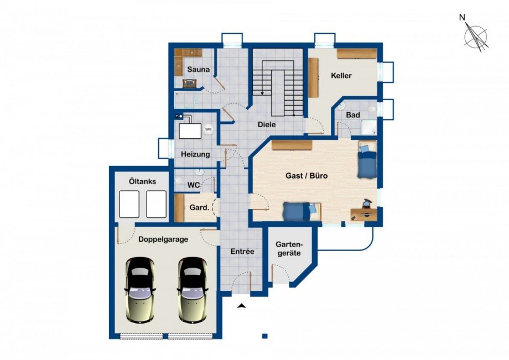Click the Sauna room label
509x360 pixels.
[x=198, y=70]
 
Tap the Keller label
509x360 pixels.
[x=341, y=76]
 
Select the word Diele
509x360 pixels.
[x=267, y=124]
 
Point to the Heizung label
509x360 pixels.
[x=195, y=154]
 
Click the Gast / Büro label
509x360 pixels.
[x=307, y=176]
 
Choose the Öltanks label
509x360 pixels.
[x=142, y=181]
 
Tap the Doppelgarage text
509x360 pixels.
[x=163, y=239]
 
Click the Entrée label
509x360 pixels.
[x=242, y=252]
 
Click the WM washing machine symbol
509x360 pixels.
[x=208, y=129]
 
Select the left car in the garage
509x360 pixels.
[x=140, y=290]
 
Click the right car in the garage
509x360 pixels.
[x=193, y=290]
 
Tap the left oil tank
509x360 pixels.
[x=129, y=204]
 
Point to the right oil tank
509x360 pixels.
[x=157, y=204]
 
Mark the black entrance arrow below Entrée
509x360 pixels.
[x=241, y=305]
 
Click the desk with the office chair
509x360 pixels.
[x=364, y=213]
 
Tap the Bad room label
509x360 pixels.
[x=353, y=115]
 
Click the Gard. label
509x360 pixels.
[x=199, y=207]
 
